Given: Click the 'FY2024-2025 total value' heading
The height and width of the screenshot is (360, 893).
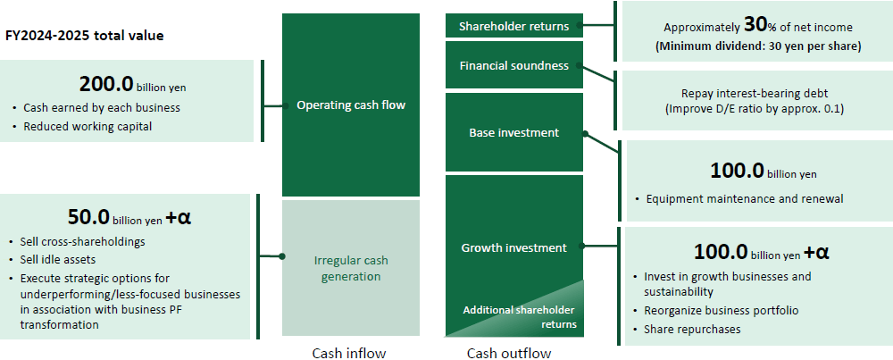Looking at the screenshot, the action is (x=84, y=36).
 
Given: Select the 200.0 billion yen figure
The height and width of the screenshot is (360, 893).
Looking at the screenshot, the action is (x=132, y=85).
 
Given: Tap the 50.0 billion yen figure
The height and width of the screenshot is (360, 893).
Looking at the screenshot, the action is (x=129, y=217).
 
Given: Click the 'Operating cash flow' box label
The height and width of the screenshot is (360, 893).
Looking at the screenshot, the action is (x=351, y=105).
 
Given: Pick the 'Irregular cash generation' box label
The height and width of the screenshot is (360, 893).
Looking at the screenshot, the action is (x=351, y=268).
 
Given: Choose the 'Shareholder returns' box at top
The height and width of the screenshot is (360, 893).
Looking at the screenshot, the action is (x=513, y=26).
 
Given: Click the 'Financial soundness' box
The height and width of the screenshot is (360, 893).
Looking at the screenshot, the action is (x=513, y=65).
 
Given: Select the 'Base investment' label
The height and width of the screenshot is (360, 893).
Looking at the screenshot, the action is (x=513, y=133).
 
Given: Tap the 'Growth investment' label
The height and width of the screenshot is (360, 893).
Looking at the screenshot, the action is (x=513, y=247).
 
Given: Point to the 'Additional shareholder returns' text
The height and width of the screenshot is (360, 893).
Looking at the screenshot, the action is (x=520, y=317).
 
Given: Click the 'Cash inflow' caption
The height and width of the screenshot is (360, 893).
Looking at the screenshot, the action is (x=348, y=353).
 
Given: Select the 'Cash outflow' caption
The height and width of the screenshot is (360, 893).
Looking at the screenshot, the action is (x=509, y=353).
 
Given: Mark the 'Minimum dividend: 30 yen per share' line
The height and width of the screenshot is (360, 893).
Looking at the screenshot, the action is (x=758, y=46).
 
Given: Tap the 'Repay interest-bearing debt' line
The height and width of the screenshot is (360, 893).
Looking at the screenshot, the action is (x=755, y=94).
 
